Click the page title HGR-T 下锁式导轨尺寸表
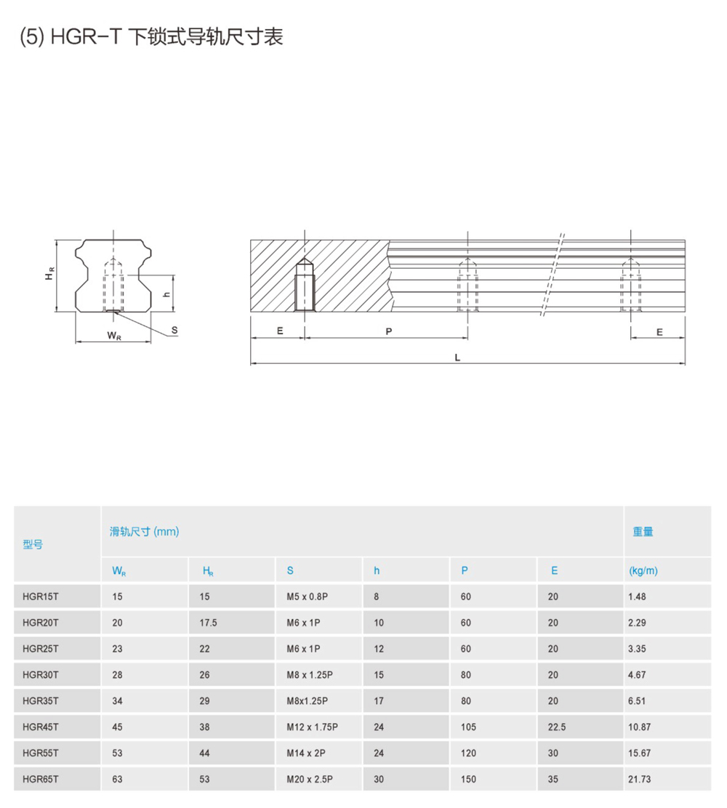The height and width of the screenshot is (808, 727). [152, 37]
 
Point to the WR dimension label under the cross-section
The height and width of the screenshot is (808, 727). [113, 336]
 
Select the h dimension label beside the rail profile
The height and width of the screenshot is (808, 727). [166, 294]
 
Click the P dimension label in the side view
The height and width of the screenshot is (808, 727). [389, 331]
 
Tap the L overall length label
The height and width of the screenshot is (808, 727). [457, 357]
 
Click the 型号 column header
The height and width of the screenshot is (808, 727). [33, 544]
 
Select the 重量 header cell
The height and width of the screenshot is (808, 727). [643, 532]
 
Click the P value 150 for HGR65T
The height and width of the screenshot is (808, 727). [468, 780]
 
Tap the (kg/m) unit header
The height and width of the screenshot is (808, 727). [643, 571]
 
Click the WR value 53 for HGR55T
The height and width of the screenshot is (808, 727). [117, 754]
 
